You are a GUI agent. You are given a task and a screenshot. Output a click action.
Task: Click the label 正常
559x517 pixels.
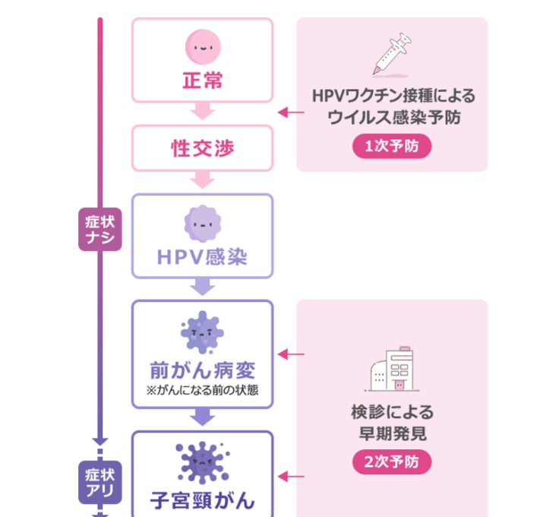coord(202,80)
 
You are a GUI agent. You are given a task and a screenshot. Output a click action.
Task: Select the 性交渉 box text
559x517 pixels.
coord(202,147)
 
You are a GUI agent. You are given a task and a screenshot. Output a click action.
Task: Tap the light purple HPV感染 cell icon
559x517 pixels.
coord(202,224)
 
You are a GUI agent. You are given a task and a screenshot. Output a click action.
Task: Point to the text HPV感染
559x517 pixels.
coord(202,257)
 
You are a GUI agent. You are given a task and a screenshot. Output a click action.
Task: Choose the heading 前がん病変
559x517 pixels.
coord(202,370)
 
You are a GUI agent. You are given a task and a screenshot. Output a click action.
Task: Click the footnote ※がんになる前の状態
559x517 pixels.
coord(202,392)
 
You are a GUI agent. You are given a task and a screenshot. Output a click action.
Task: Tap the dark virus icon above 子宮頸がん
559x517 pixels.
coord(202,461)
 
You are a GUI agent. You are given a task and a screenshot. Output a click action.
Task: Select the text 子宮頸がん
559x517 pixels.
coord(202,500)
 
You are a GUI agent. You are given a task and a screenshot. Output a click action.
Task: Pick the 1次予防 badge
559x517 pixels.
coord(392,147)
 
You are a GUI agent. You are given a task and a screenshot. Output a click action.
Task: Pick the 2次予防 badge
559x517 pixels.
coord(392,461)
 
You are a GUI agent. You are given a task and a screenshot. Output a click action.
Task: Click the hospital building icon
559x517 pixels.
coord(392,371)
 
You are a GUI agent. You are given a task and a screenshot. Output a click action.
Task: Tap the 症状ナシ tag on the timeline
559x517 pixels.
coord(100,230)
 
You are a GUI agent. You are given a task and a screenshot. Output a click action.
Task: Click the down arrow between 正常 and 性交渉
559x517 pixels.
coord(202,112)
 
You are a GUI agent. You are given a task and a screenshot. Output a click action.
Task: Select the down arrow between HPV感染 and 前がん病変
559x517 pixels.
coord(202,287)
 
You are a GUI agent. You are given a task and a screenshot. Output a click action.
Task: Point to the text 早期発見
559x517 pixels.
coord(392,435)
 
